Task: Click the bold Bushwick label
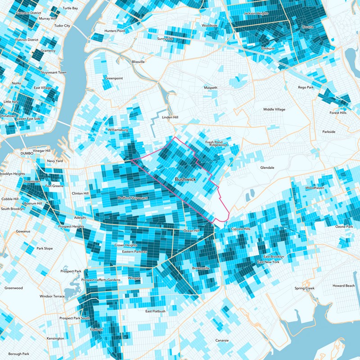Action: coord(185,179)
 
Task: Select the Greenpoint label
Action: coord(114,78)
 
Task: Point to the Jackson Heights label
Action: coord(256,13)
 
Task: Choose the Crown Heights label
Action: coord(126,245)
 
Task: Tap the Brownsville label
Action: coord(201,268)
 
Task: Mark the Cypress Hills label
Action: coord(240,229)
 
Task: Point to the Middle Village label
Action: coord(274,109)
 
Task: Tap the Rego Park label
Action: coord(308,87)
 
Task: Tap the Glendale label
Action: coord(267,167)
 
